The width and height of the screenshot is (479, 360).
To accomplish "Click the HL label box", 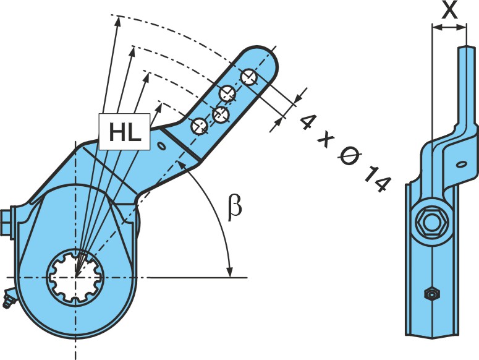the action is point(125,131).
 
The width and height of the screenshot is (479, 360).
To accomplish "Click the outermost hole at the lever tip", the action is point(249,77).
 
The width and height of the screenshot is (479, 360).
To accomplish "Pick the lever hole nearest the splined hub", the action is point(199,126).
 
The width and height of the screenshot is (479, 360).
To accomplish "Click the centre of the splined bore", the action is point(75,277).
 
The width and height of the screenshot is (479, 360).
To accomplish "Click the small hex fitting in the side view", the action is point(431,294).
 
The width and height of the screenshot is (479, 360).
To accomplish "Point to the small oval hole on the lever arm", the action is point(161,146).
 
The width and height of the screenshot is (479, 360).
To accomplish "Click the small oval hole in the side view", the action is point(461,165).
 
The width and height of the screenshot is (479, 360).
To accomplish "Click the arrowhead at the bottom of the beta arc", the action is point(229,271).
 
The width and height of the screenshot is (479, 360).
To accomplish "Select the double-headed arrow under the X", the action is point(449,27).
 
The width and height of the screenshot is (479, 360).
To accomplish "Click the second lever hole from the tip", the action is point(227,93).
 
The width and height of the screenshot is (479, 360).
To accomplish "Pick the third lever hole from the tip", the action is point(221,114).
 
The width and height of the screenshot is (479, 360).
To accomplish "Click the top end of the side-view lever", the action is point(467,47).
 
